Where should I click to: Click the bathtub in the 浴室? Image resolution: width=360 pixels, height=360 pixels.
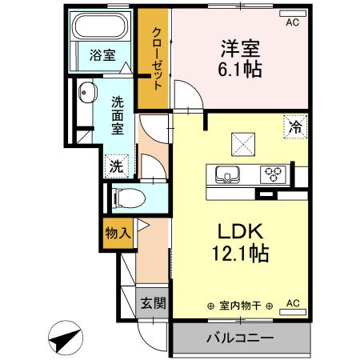coord(101,26)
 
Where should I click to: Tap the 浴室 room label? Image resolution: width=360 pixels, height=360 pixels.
coord(102,55)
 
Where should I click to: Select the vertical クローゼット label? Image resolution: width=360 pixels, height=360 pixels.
coord(157,59)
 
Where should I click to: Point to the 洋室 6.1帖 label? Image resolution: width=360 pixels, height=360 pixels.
coord(240,58)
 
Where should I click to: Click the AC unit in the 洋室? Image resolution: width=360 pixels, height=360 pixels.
coord(293,14)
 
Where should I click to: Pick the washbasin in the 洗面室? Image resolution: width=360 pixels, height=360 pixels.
coord(87,92)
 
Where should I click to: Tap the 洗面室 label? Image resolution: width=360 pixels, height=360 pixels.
coord(118,115)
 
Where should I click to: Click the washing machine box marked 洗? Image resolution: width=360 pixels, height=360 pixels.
coord(117,166)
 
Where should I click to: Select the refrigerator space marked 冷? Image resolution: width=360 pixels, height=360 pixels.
coord(295,126)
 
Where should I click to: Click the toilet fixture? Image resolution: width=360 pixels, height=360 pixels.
coord(129,198)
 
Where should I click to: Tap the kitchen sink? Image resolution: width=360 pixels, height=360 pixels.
coord(227,174)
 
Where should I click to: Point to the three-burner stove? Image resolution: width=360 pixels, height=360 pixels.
coord(273,174)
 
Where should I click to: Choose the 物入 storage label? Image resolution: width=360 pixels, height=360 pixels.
coord(118,234)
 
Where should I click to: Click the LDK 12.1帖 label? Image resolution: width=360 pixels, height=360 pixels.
coord(240,242)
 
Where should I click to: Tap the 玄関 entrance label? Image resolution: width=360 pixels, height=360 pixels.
coord(154,303)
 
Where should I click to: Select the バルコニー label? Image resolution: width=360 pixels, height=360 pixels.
coord(241,338)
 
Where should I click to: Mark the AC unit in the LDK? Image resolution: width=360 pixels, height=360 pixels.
coord(293,312)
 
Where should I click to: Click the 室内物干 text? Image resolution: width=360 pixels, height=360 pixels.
coord(240,306)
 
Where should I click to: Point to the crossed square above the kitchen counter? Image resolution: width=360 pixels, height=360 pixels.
coord(243,145)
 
